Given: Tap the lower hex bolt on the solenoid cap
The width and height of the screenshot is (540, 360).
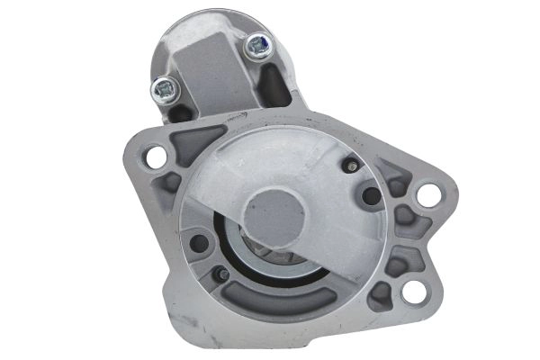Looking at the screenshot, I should (166, 87).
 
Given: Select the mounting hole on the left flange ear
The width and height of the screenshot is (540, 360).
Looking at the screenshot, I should (154, 156).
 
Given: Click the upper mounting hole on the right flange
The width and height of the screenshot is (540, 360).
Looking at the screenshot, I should (427, 193).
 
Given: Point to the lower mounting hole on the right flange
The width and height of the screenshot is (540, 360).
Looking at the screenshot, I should (413, 291).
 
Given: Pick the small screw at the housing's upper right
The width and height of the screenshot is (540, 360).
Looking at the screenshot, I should (350, 165).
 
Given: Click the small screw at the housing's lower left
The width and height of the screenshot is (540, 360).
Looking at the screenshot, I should (219, 274).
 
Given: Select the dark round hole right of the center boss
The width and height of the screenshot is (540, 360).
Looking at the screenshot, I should (369, 196).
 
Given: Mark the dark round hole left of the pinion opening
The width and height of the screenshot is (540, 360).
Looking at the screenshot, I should (200, 243).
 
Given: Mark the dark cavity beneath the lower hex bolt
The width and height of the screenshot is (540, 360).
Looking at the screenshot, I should (180, 112).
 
